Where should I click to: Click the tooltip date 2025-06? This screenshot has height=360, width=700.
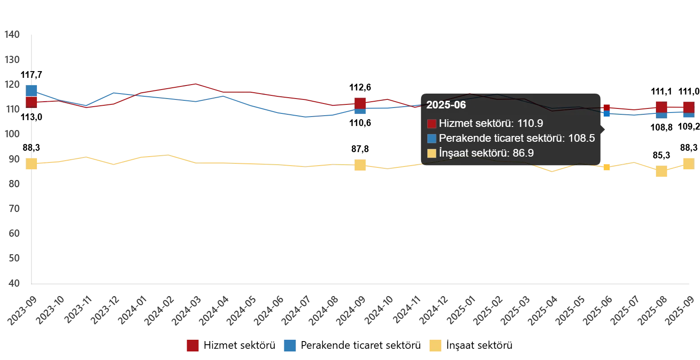pyautogui.click(x=446, y=105)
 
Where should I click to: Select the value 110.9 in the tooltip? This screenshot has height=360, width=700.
pyautogui.click(x=531, y=123)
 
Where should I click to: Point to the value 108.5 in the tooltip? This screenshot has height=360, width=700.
pyautogui.click(x=582, y=138)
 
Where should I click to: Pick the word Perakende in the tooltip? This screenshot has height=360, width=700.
pyautogui.click(x=461, y=138)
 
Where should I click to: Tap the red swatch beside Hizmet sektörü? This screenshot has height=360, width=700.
pyautogui.click(x=432, y=124)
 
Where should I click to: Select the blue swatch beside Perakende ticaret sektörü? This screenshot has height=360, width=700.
pyautogui.click(x=432, y=139)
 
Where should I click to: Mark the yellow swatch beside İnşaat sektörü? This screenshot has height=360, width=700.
pyautogui.click(x=432, y=153)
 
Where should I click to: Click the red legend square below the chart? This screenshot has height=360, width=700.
pyautogui.click(x=193, y=346)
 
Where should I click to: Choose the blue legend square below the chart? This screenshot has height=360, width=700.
pyautogui.click(x=290, y=346)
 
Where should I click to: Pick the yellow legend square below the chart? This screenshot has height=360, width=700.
pyautogui.click(x=435, y=346)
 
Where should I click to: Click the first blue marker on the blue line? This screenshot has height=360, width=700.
pyautogui.click(x=31, y=90)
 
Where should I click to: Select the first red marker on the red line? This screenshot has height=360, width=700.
pyautogui.click(x=31, y=102)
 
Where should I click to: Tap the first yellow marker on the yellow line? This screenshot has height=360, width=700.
pyautogui.click(x=31, y=164)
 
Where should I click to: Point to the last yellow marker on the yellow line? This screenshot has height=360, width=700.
pyautogui.click(x=688, y=164)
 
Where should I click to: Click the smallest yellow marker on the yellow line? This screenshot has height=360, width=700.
pyautogui.click(x=606, y=167)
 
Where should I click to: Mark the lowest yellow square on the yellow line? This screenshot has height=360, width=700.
pyautogui.click(x=661, y=172)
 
